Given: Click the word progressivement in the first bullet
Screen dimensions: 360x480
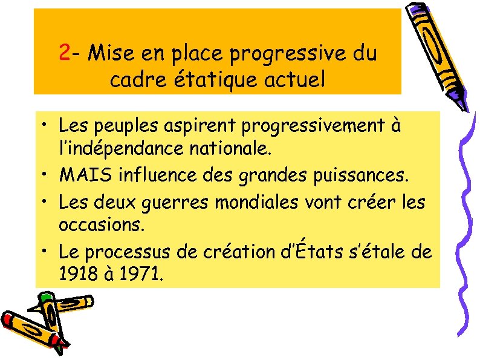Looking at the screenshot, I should [x=312, y=127].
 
